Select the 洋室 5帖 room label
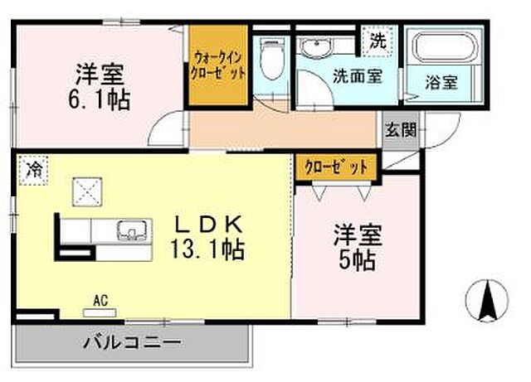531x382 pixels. click(x=356, y=246)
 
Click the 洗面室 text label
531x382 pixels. click(x=357, y=77)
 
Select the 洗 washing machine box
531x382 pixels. click(x=378, y=39)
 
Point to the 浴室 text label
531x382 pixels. click(x=442, y=83)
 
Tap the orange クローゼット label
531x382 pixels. click(x=336, y=167)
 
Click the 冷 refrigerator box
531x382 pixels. click(x=34, y=170)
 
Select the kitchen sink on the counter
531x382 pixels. click(x=132, y=229)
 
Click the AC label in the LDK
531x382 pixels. click(x=101, y=301)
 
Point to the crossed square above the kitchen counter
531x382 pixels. click(x=86, y=193)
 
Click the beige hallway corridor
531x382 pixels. click(x=282, y=128)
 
